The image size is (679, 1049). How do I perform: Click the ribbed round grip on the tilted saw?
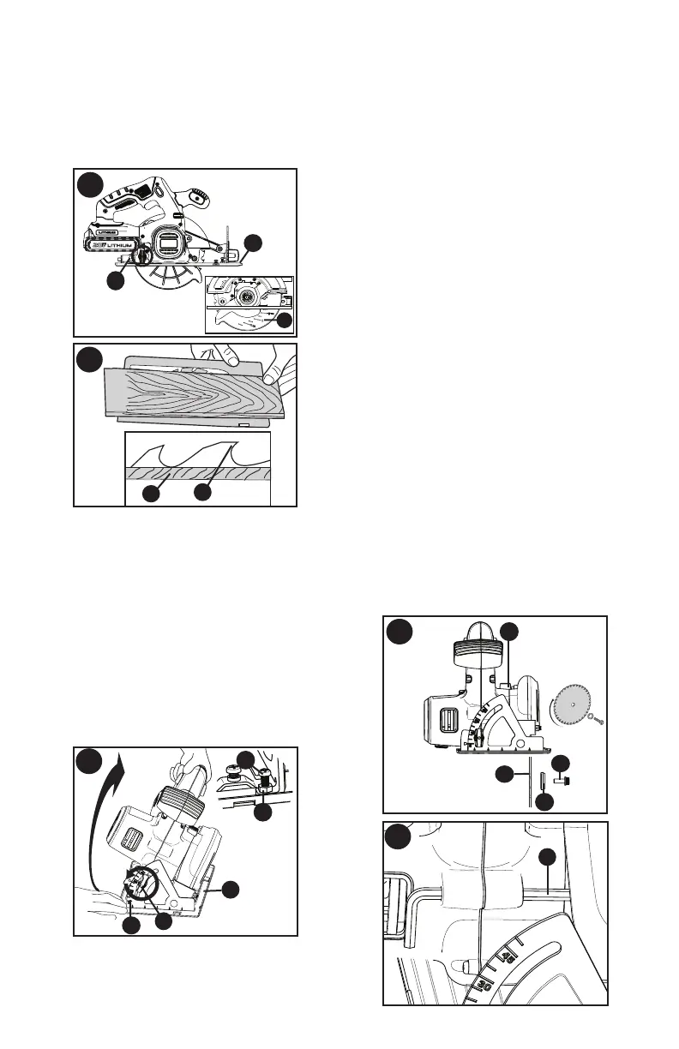point(183,806)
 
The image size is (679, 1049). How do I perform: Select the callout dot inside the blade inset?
point(285,321)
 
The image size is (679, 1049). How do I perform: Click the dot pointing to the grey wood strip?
point(151,493)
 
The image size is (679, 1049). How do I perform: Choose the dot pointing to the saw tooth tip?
point(202,493)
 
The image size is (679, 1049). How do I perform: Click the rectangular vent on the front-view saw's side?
point(442,712)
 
